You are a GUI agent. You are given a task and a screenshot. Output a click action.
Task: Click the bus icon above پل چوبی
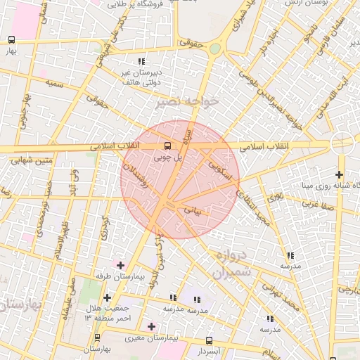point(167,146)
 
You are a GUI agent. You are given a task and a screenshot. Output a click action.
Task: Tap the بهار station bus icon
point(11,40)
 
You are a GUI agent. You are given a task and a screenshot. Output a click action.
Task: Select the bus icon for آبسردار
point(208,340)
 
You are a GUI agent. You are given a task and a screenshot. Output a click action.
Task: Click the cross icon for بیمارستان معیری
point(151,326)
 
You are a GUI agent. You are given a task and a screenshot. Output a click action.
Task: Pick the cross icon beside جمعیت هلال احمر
point(106,297)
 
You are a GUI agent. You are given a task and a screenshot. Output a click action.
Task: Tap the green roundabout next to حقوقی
point(214,49)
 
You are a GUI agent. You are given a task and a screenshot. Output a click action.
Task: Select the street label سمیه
point(56,82)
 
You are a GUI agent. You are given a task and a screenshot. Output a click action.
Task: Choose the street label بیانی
point(191,209)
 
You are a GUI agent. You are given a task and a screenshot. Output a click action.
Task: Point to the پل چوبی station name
point(169,159)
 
